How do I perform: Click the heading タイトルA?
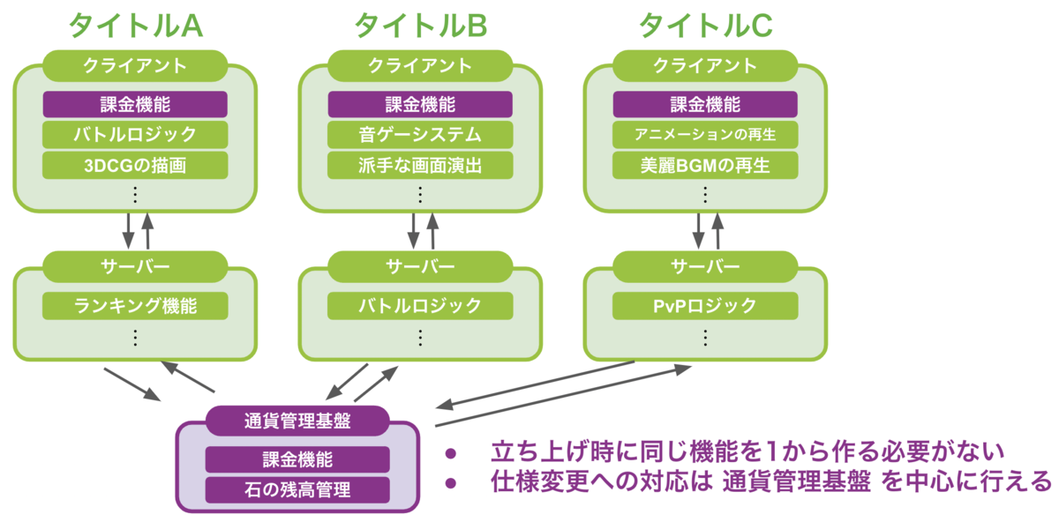tap(136, 26)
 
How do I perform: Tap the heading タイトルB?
tap(421, 26)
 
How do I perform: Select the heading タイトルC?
tap(706, 26)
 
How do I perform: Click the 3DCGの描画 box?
tap(135, 166)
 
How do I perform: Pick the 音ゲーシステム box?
tap(420, 135)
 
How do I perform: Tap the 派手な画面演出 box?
tap(420, 166)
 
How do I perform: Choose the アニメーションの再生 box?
tap(705, 135)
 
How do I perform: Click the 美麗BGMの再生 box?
tap(705, 166)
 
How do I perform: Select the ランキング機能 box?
tap(135, 306)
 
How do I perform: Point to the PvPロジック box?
tap(705, 306)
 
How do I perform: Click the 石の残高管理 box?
tap(297, 490)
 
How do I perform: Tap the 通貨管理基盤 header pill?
tap(297, 421)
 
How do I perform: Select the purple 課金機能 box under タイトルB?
tap(420, 104)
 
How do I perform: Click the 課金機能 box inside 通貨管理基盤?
tap(297, 459)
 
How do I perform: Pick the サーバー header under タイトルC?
tap(705, 266)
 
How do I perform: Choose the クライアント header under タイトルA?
tap(135, 65)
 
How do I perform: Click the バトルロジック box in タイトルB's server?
tap(420, 306)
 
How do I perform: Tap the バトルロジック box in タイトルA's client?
tap(135, 135)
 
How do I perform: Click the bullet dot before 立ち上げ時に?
tap(451, 454)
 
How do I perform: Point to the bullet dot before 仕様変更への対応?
tap(451, 483)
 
